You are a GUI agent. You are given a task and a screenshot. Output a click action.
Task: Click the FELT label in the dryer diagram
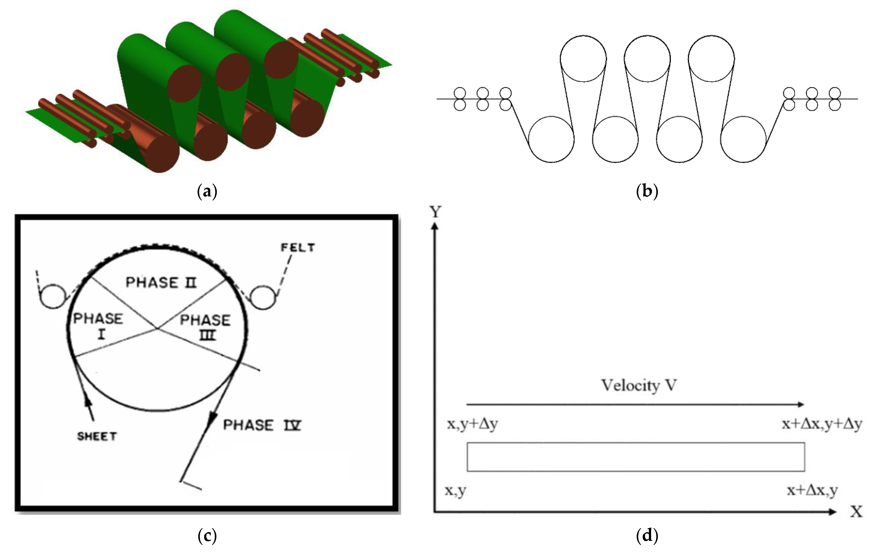[x=298, y=248]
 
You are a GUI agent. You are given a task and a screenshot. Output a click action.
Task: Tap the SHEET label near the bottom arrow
[x=97, y=436]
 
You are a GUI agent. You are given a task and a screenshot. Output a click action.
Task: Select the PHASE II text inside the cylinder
[x=161, y=283]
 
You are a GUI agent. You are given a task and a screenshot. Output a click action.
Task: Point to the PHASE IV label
[x=262, y=425]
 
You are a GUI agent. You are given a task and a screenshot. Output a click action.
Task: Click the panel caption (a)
[x=207, y=191]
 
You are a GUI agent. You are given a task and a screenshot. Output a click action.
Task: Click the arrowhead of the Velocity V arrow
[x=800, y=404]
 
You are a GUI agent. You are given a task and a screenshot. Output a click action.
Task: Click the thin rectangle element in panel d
[x=636, y=457]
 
